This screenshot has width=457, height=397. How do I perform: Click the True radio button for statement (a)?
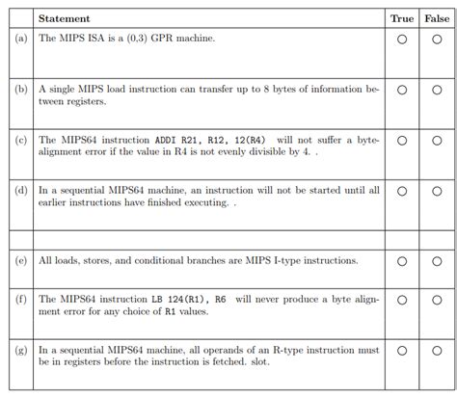[401, 40]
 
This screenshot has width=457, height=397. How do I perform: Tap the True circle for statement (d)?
[401, 191]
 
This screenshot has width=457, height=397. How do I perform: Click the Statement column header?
[64, 18]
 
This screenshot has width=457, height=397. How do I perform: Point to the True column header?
[401, 18]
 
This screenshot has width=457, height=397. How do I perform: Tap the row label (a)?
[22, 40]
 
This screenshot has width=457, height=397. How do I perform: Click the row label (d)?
[22, 191]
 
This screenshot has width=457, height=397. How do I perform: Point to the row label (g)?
[22, 351]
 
